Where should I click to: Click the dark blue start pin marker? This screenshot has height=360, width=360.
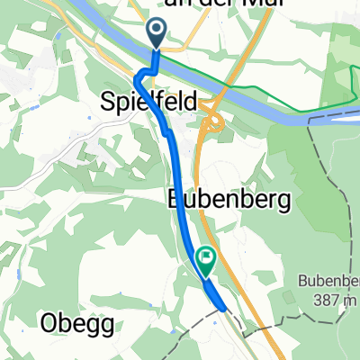pos(157,33)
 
